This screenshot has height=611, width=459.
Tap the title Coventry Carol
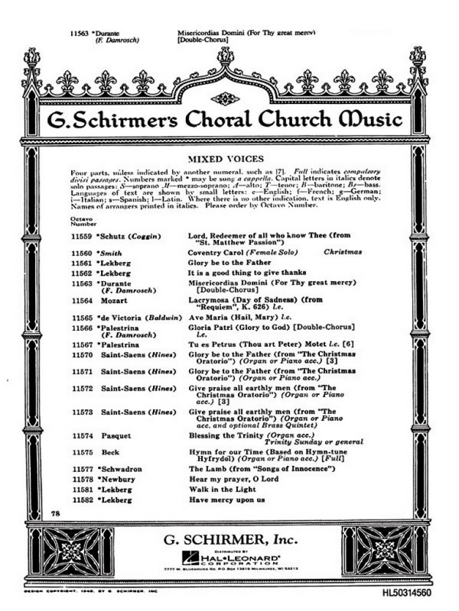[x=216, y=250]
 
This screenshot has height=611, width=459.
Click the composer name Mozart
[x=114, y=302]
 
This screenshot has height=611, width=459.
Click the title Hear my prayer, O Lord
[x=232, y=480]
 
